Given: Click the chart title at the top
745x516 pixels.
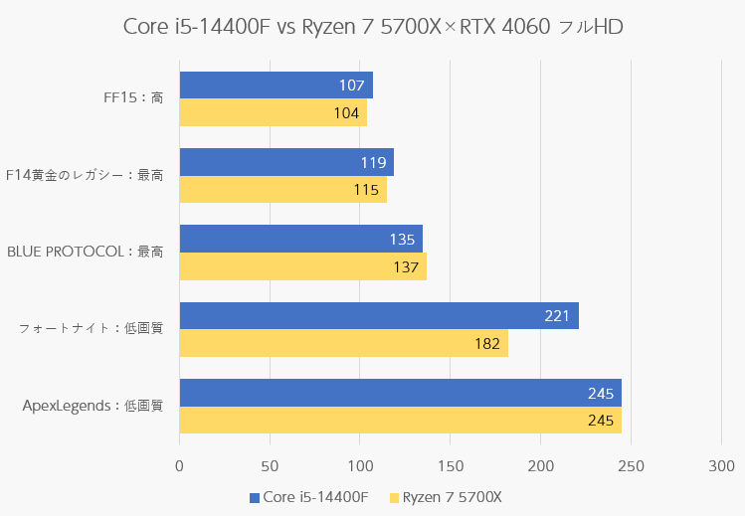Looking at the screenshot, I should point(373,26).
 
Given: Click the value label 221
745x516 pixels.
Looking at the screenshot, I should point(557,316).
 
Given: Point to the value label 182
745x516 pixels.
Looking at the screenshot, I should point(486,344).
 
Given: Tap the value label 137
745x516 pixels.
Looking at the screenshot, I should point(405,266).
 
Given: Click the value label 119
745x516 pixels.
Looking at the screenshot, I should point(373,162).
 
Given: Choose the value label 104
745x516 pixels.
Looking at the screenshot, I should point(346,113).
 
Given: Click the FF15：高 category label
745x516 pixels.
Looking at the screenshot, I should point(133,98).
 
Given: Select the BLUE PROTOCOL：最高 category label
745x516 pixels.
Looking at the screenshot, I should point(85,253).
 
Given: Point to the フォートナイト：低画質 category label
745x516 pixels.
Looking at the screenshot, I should point(91,329).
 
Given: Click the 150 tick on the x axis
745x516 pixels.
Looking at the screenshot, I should point(450,465).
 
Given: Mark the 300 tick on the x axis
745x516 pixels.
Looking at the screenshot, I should point(721,465).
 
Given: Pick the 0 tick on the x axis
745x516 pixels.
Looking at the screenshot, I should point(179,465).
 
